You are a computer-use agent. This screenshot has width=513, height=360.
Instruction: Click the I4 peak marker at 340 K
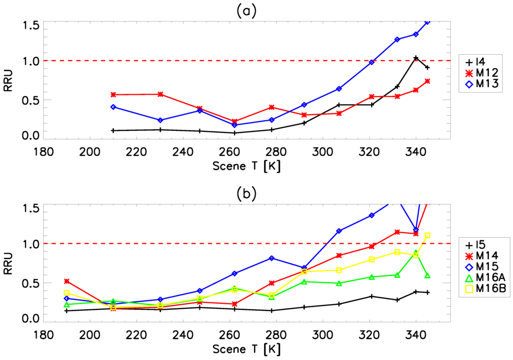click(416, 58)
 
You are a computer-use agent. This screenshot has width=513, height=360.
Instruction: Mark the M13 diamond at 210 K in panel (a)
click(113, 107)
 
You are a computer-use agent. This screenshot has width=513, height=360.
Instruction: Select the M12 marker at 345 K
click(427, 81)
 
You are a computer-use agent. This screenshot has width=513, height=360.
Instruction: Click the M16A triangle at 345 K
click(427, 276)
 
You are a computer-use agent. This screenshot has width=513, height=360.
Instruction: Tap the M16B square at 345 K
click(427, 235)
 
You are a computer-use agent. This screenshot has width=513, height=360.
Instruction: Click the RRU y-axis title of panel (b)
click(11, 262)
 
